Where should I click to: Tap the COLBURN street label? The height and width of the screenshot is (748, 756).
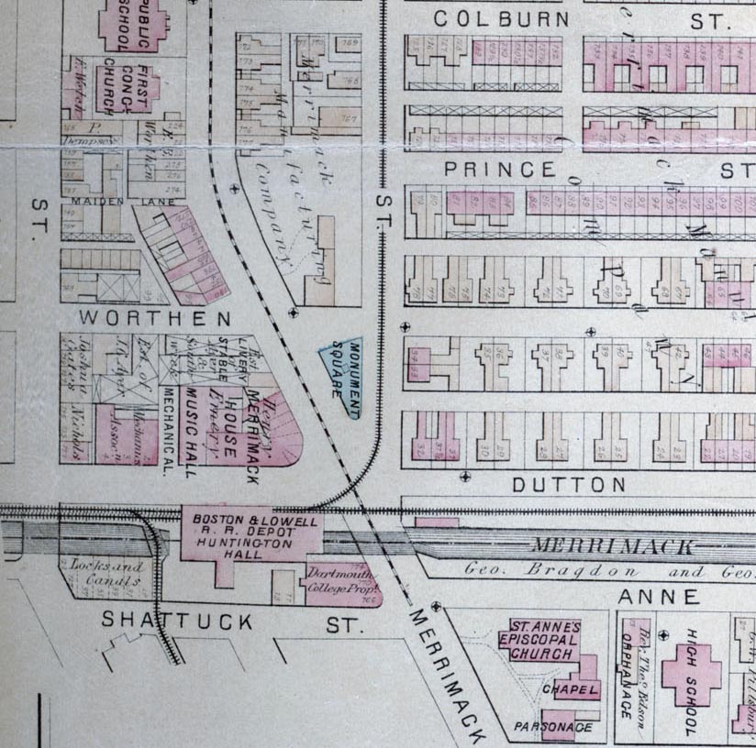[501, 18]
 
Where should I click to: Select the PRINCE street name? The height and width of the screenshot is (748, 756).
[500, 170]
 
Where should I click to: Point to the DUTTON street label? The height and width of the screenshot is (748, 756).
[569, 485]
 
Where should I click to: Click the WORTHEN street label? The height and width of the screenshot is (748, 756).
[155, 319]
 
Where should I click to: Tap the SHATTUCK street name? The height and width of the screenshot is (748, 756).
[177, 621]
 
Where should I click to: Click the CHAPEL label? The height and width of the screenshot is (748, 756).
[570, 689]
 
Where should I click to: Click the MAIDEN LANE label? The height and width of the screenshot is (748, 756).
[99, 199]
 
